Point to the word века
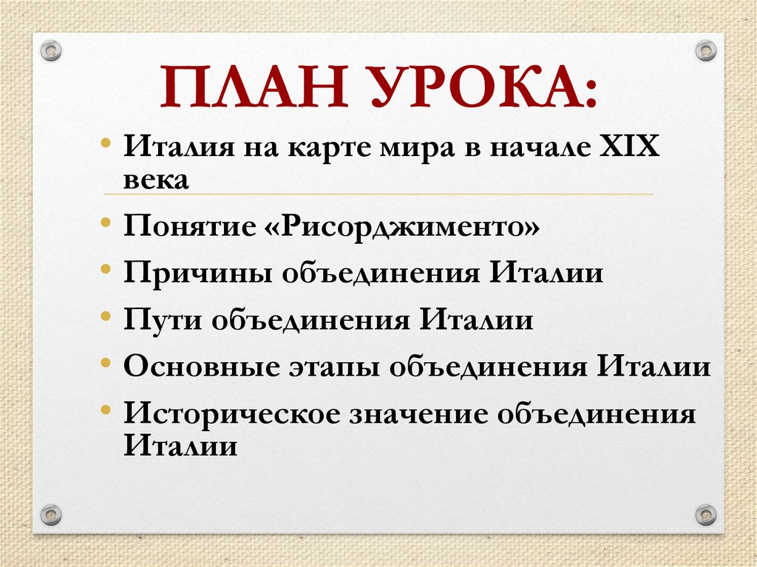click(157, 180)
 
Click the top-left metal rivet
click(50, 50)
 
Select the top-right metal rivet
click(706, 50)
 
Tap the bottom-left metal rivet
click(50, 514)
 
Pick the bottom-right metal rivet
click(706, 514)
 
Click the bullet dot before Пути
click(108, 316)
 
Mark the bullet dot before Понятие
click(108, 223)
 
